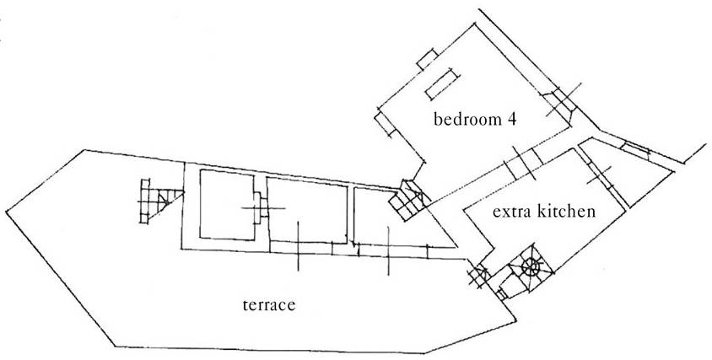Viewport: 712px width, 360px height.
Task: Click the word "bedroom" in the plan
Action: click(467, 120)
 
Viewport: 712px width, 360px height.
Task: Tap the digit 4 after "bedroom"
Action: click(512, 119)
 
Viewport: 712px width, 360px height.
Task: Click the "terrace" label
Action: click(269, 304)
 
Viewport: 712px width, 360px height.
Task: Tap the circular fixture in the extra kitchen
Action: click(530, 266)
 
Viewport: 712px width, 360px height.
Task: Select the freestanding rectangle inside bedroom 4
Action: click(442, 84)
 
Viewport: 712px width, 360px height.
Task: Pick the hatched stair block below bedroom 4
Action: click(407, 200)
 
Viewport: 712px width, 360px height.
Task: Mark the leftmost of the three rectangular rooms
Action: click(227, 205)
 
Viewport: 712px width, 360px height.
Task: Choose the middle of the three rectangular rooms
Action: click(307, 210)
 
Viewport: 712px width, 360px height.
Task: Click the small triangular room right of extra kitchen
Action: click(625, 170)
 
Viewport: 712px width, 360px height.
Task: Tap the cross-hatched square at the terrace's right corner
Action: click(478, 276)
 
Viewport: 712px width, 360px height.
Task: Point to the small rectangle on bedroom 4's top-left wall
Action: click(428, 59)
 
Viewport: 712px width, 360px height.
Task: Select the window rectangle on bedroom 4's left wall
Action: click(385, 124)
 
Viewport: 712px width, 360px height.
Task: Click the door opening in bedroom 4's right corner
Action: click(560, 101)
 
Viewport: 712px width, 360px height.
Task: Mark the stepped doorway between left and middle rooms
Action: click(258, 207)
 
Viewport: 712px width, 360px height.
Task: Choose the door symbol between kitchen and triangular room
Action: click(599, 176)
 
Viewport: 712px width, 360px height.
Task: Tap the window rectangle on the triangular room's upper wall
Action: click(635, 150)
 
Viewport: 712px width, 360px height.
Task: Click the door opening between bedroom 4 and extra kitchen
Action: click(523, 164)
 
